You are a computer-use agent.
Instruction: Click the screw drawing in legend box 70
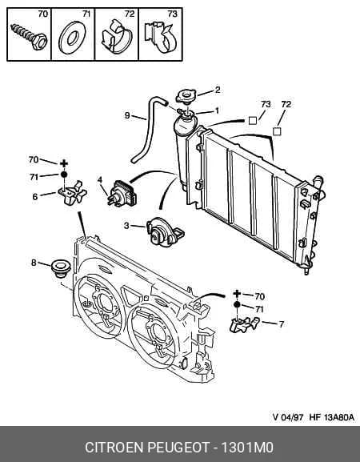tap(29, 37)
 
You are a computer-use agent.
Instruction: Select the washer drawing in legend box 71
tap(72, 38)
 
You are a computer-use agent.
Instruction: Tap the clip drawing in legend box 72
tap(117, 37)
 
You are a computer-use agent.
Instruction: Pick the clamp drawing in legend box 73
tap(161, 36)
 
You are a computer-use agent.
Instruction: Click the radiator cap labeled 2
tap(187, 97)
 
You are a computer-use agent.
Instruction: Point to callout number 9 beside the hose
tap(127, 115)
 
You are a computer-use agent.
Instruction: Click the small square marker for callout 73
tap(253, 121)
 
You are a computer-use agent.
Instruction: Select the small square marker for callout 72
tap(277, 131)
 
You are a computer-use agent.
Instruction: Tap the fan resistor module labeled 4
tap(122, 193)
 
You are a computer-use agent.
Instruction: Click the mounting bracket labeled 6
tap(73, 192)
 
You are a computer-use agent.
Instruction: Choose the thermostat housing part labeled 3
tap(165, 232)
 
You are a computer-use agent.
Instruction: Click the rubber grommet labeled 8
tap(61, 268)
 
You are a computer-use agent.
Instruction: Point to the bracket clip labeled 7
tap(244, 325)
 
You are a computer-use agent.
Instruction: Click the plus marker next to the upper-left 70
tap(64, 163)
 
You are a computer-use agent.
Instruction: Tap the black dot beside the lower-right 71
tap(237, 304)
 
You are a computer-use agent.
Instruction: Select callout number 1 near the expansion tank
tap(218, 110)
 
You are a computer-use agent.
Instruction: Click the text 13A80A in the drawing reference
tap(339, 417)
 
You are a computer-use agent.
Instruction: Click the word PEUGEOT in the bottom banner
tap(178, 448)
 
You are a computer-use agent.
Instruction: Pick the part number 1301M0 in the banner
tap(247, 448)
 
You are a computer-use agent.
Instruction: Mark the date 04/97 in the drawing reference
tap(292, 417)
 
